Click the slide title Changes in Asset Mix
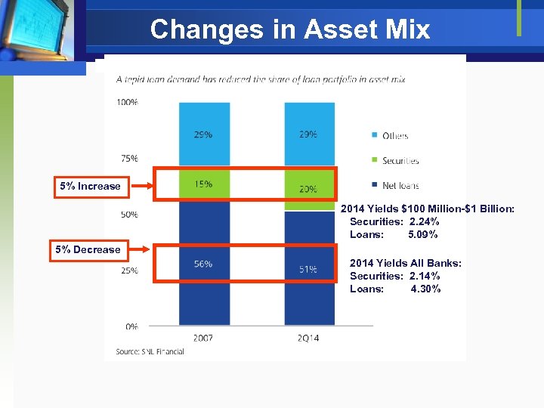[290, 29]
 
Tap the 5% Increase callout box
[89, 186]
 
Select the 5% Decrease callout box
[86, 249]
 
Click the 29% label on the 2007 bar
[202, 134]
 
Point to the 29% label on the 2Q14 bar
[308, 134]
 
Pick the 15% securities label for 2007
[202, 184]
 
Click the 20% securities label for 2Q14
[308, 190]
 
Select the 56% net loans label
[202, 264]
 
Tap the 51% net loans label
[308, 269]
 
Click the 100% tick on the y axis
[128, 102]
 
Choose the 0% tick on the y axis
[131, 326]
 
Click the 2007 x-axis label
[202, 338]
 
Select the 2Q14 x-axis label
[308, 338]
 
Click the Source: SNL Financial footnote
[150, 351]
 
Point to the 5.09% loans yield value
[423, 234]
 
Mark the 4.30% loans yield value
[425, 289]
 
